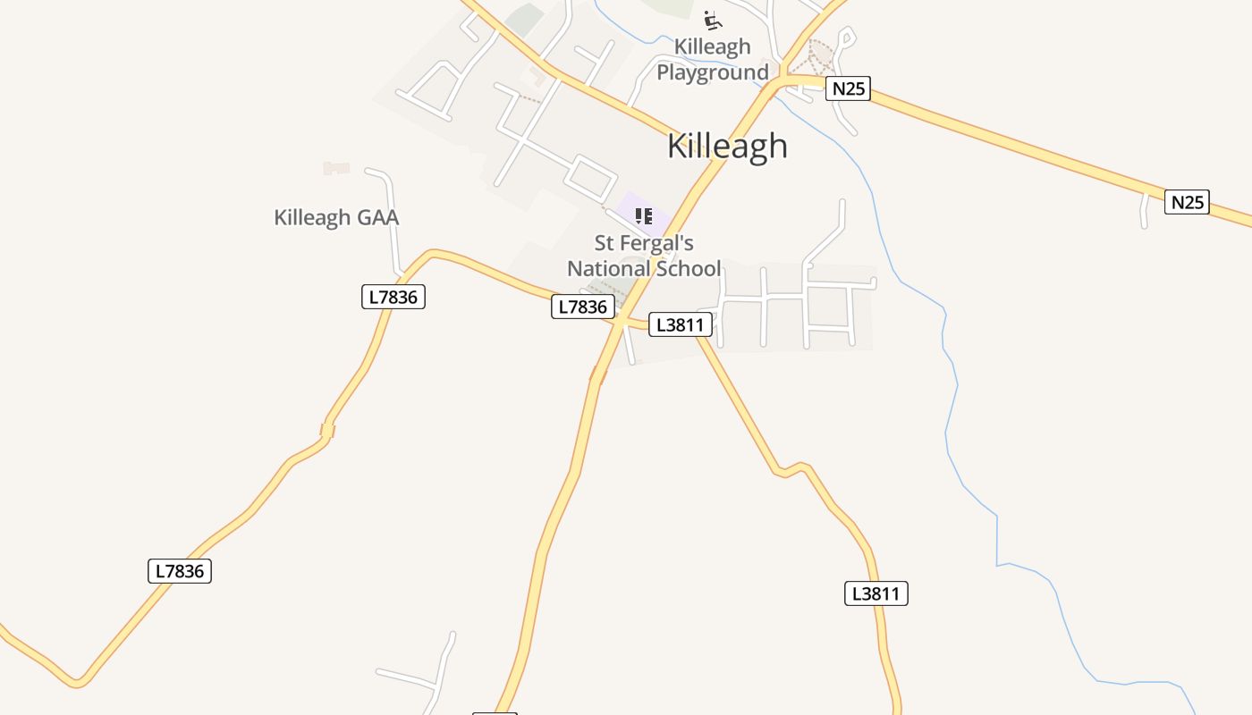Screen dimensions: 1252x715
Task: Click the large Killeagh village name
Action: pos(727,146)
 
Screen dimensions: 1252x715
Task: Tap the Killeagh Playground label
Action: pos(713,59)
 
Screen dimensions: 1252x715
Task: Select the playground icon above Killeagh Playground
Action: pos(712,20)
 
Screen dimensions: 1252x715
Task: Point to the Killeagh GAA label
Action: pos(336,217)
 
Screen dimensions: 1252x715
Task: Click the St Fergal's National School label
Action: pos(644,256)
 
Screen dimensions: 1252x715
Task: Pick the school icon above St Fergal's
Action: pos(644,215)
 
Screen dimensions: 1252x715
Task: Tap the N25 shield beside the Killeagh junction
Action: pos(848,88)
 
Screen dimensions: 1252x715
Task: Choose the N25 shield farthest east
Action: pos(1187,202)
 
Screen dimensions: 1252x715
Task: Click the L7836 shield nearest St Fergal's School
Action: pos(583,307)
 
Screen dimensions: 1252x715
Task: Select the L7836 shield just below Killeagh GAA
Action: pos(393,297)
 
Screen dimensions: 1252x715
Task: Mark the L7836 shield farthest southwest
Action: pos(180,571)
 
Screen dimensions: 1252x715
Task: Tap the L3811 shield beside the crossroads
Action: pos(681,324)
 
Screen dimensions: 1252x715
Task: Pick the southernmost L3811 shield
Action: pos(876,593)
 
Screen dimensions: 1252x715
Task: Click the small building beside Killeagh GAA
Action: pos(336,168)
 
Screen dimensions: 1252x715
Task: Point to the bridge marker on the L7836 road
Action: pos(327,432)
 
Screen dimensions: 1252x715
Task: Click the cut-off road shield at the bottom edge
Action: pos(495,712)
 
